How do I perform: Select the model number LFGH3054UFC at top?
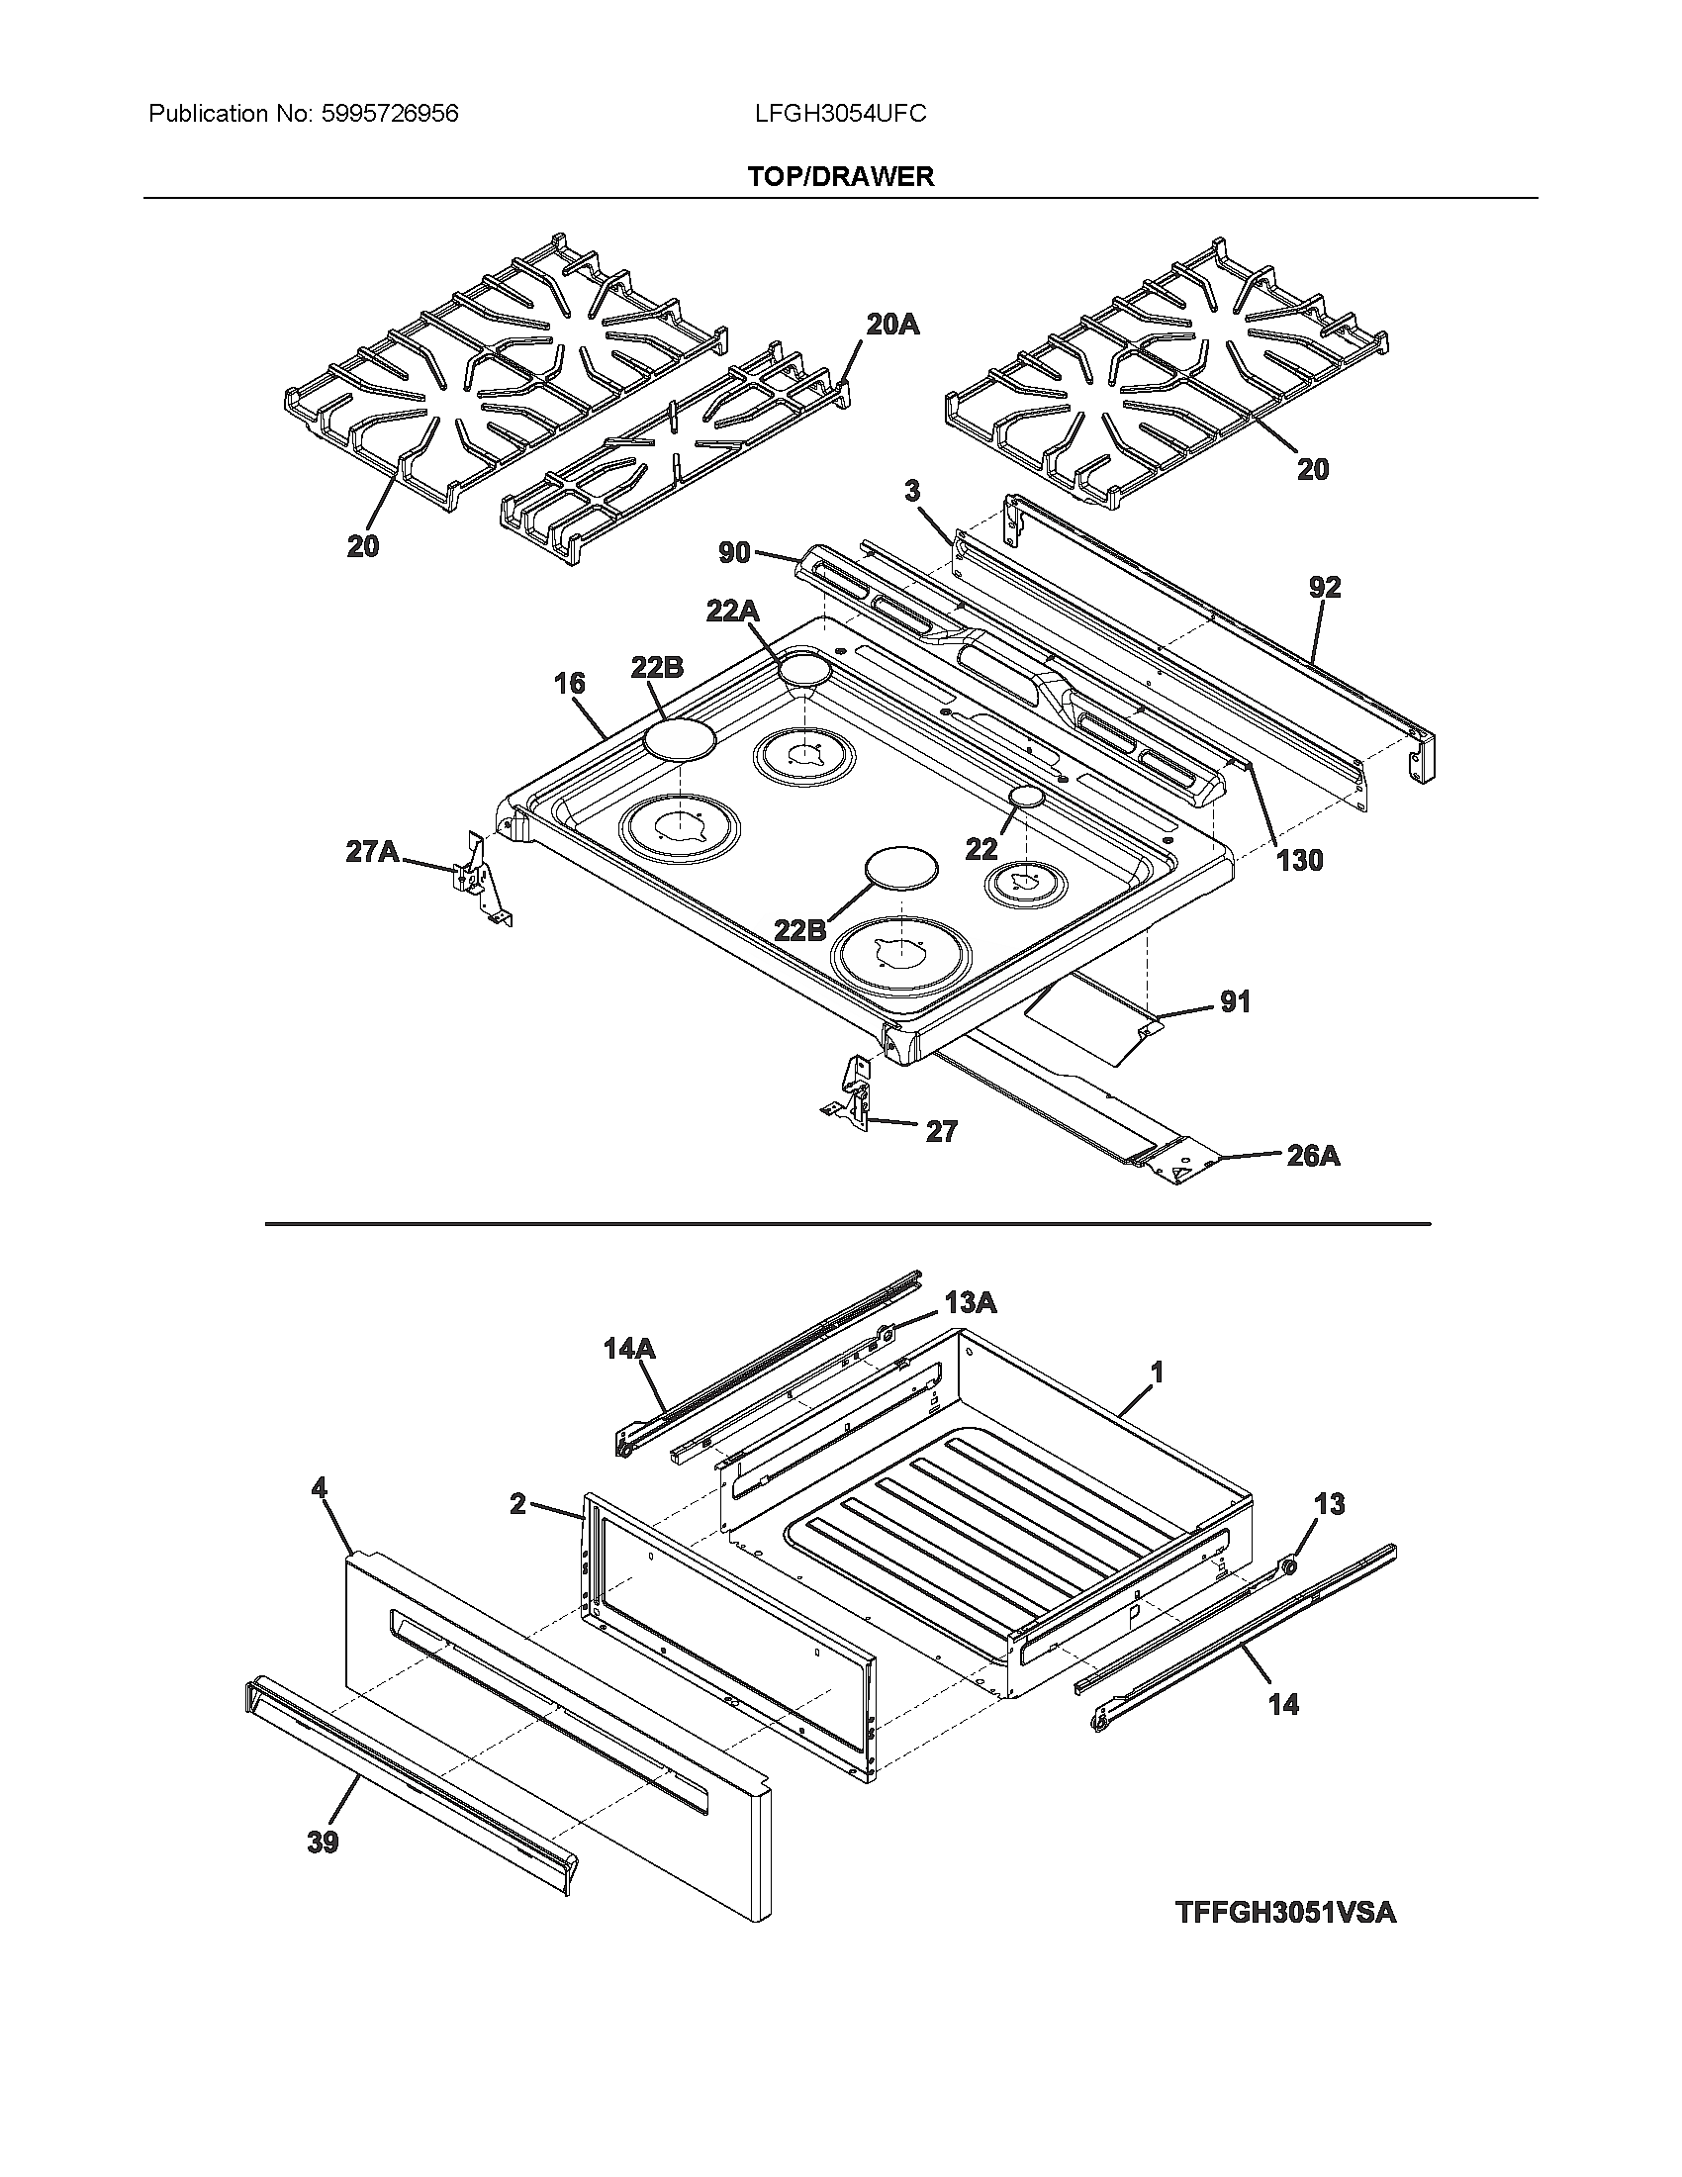pyautogui.click(x=840, y=114)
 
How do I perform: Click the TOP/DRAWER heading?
pyautogui.click(x=840, y=177)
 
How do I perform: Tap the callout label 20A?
pyautogui.click(x=891, y=324)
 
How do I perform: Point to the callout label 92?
pyautogui.click(x=1324, y=587)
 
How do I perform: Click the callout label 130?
pyautogui.click(x=1299, y=860)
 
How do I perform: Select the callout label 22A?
pyautogui.click(x=732, y=611)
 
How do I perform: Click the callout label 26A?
pyautogui.click(x=1312, y=1155)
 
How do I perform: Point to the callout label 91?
pyautogui.click(x=1235, y=1001)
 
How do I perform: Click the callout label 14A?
pyautogui.click(x=628, y=1349)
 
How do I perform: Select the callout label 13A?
pyautogui.click(x=971, y=1302)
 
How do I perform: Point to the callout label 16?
pyautogui.click(x=569, y=683)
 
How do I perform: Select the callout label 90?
pyautogui.click(x=734, y=551)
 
